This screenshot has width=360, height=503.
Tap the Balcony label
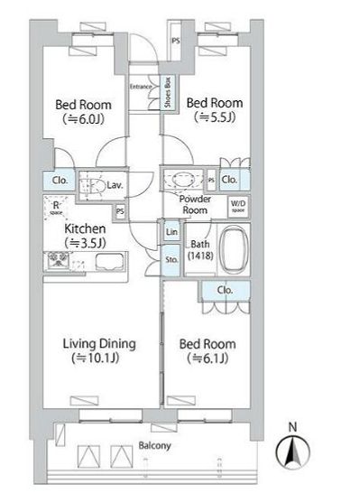point(154,446)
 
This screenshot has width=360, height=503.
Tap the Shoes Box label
point(168,94)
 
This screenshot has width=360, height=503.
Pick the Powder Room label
point(194,204)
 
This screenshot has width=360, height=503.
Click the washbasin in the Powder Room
point(184,179)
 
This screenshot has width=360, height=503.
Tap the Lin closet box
point(171,232)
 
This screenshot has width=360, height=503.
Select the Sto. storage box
point(171,261)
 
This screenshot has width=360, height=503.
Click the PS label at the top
point(176,40)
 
